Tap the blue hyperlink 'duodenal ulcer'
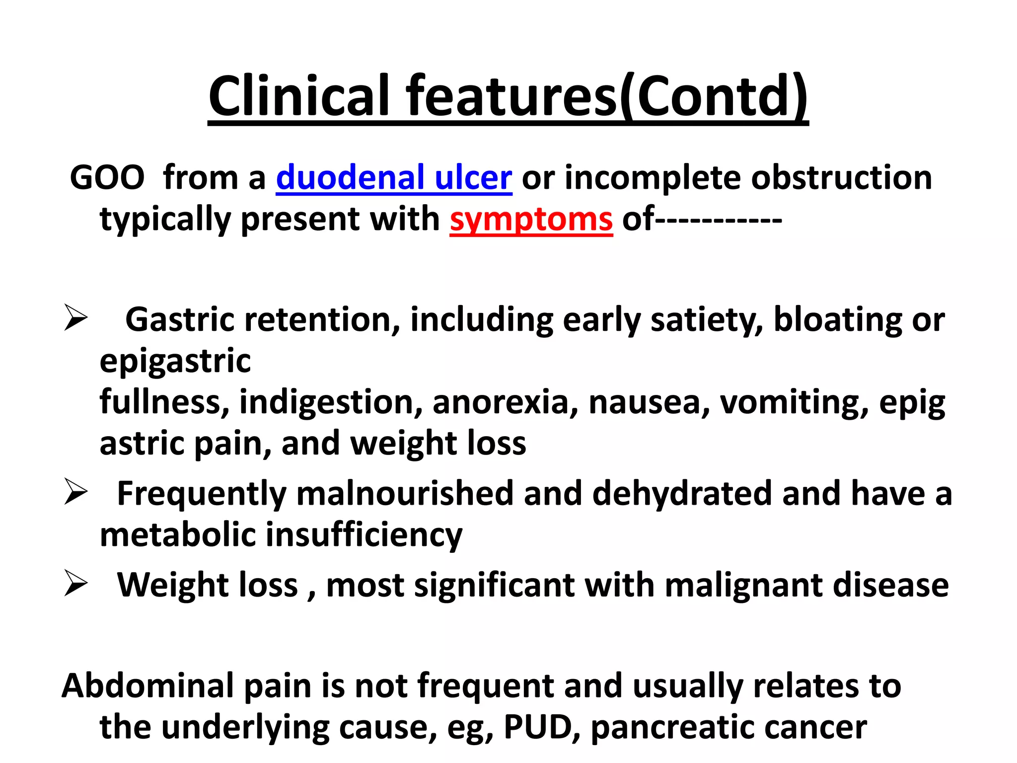[x=394, y=177]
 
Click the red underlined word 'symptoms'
[x=531, y=219]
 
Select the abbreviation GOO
[x=107, y=177]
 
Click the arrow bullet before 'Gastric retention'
[x=76, y=318]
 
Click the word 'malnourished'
[x=405, y=494]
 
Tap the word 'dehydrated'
[x=682, y=494]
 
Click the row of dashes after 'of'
[x=719, y=219]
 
